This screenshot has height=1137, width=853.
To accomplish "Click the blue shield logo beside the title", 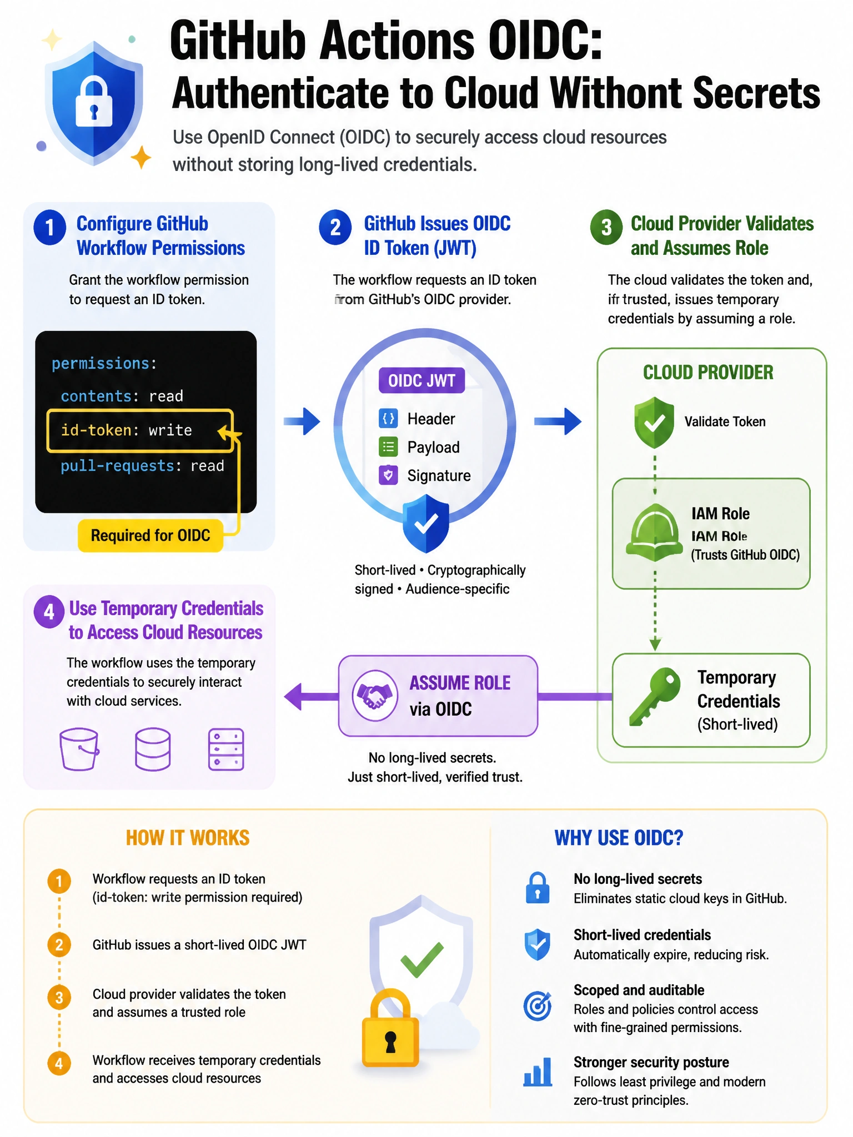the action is pyautogui.click(x=93, y=103).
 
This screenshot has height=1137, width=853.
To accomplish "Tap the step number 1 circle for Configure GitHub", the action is pyautogui.click(x=50, y=227).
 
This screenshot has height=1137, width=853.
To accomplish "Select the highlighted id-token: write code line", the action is pyautogui.click(x=140, y=430).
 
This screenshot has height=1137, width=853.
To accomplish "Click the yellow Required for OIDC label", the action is pyautogui.click(x=150, y=535).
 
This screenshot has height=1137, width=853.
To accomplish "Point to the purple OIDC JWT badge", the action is pyautogui.click(x=422, y=381).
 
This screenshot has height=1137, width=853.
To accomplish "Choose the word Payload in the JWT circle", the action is pyautogui.click(x=433, y=447).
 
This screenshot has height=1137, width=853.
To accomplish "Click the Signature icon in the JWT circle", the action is pyautogui.click(x=388, y=475).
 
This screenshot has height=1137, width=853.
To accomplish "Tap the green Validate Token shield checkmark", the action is pyautogui.click(x=654, y=422).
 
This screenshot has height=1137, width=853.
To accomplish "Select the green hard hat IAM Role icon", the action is pyautogui.click(x=655, y=532).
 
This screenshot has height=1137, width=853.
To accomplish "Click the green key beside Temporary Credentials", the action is pyautogui.click(x=655, y=696).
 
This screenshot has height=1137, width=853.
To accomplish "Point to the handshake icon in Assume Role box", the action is pyautogui.click(x=375, y=696).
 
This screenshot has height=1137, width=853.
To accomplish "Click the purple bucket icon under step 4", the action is pyautogui.click(x=79, y=749).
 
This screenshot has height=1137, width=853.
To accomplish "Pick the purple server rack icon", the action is pyautogui.click(x=226, y=749).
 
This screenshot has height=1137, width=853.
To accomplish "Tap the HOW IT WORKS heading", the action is pyautogui.click(x=188, y=838).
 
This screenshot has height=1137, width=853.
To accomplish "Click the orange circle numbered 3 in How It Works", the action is pyautogui.click(x=59, y=998).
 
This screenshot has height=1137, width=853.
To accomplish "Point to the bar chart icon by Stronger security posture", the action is pyautogui.click(x=538, y=1072).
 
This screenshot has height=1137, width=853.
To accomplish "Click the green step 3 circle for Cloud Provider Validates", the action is pyautogui.click(x=606, y=227).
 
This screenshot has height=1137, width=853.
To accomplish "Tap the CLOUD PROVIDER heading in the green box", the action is pyautogui.click(x=708, y=372).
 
